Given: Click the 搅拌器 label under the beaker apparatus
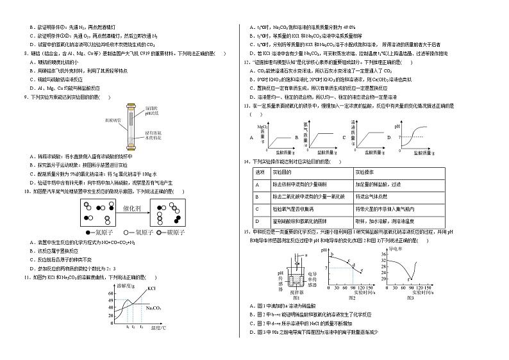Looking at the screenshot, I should click(x=296, y=292).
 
